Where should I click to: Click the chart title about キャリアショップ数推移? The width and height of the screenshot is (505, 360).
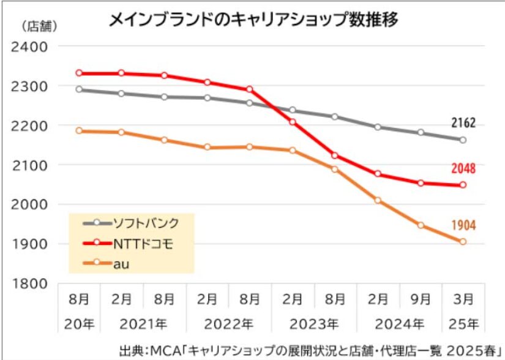point(253,20)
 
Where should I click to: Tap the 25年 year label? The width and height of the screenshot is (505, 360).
point(464,322)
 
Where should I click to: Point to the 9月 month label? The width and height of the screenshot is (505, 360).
point(421,299)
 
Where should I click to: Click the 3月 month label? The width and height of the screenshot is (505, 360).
point(464,299)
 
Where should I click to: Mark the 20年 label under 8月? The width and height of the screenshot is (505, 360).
point(78,322)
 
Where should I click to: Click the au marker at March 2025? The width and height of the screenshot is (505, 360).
point(463,242)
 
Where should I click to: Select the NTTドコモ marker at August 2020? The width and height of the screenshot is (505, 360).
point(78,73)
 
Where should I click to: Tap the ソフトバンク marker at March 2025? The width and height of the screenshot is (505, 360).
point(463,140)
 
